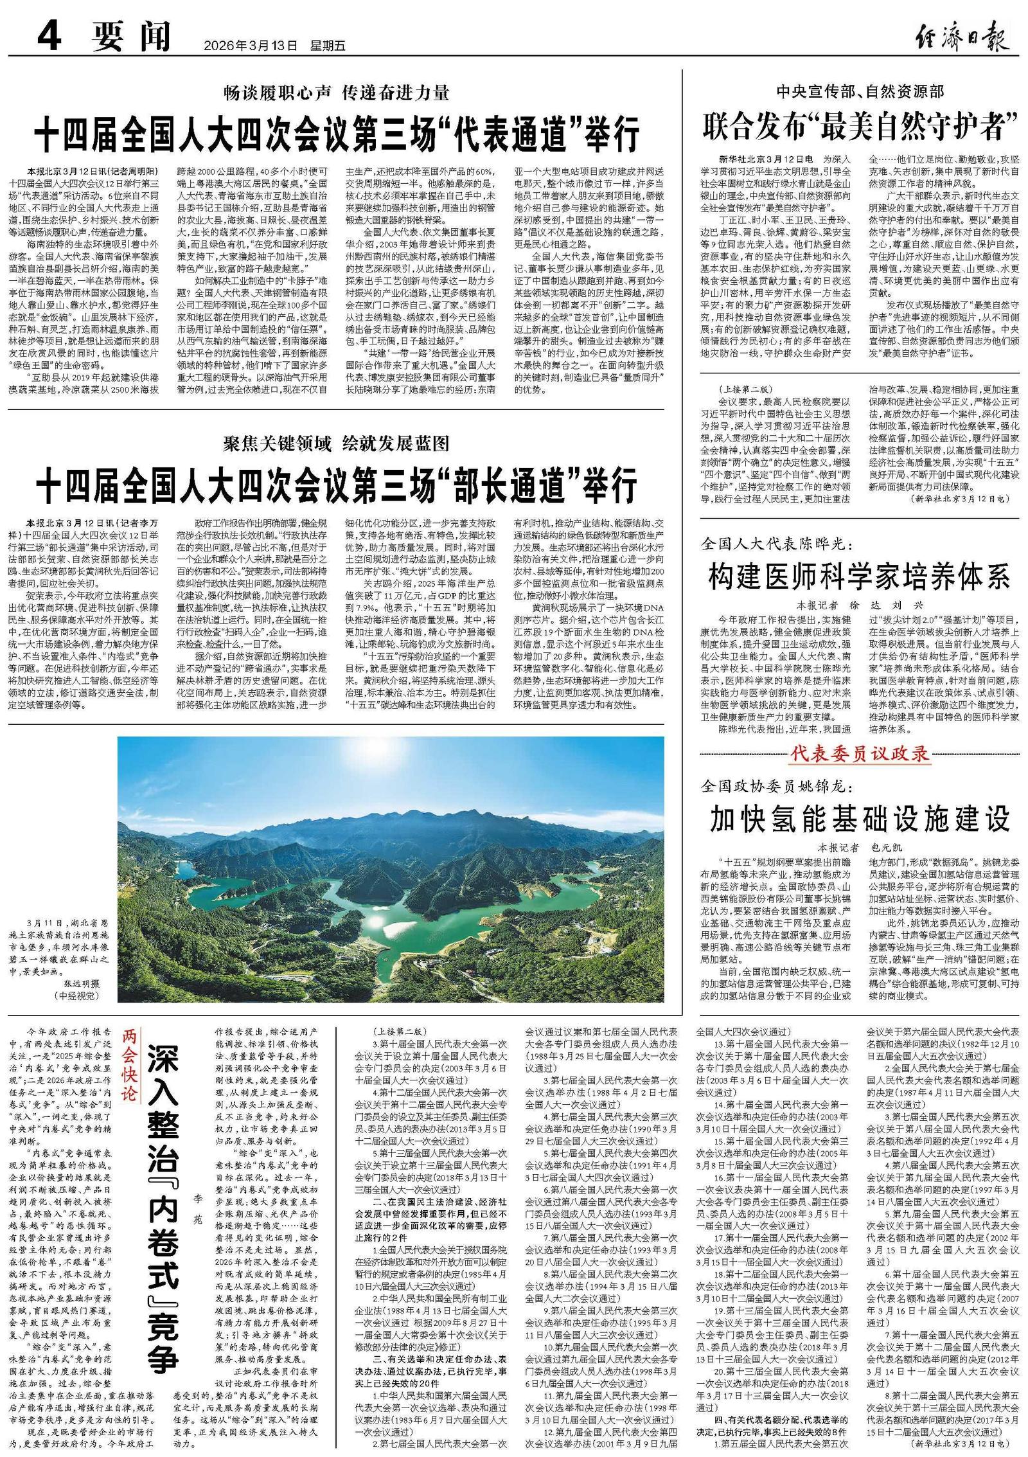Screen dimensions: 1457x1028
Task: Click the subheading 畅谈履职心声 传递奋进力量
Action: coord(336,93)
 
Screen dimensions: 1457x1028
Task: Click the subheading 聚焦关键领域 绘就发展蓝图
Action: coord(336,443)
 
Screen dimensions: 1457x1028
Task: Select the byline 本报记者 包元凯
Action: coord(860,847)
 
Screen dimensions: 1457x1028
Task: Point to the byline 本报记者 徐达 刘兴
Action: coord(860,605)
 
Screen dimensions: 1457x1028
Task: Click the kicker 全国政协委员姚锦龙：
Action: coord(777,786)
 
